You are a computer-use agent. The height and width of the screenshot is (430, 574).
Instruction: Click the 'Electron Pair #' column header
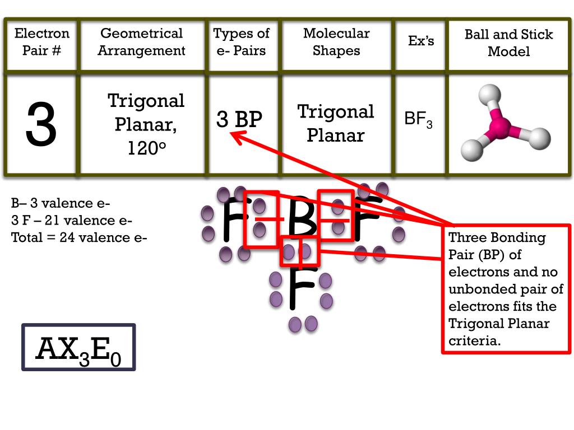tap(42, 42)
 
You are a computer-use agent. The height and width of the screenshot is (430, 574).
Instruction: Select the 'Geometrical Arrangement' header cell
tap(141, 42)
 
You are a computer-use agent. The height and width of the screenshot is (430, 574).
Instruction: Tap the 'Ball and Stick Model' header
tap(508, 43)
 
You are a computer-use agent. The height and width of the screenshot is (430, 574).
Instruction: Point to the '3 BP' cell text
tap(239, 119)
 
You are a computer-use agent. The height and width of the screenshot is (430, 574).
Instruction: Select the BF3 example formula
tap(418, 120)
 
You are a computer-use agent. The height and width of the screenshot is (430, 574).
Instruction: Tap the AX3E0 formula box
tap(78, 348)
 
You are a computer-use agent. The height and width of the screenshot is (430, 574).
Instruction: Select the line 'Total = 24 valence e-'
tap(79, 237)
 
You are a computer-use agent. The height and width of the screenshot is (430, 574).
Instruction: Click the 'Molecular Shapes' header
tap(336, 42)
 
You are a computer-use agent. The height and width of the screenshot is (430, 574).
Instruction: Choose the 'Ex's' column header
tap(421, 41)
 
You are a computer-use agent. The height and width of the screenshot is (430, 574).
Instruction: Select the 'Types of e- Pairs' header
tap(242, 42)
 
